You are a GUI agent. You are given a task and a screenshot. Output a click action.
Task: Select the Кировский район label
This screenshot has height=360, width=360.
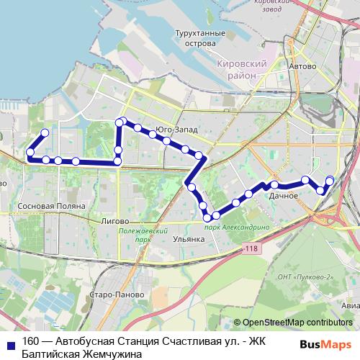pos(242,70)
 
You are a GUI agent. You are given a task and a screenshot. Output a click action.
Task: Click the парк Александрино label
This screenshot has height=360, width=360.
pos(237,226)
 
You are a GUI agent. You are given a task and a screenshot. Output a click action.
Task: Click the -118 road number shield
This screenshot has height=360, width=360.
pos(250,248)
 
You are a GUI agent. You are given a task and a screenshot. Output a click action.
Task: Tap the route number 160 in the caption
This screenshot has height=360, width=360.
pos(31,342)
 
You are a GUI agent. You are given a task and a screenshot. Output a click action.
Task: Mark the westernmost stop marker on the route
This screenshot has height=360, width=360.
pos(30,152)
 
